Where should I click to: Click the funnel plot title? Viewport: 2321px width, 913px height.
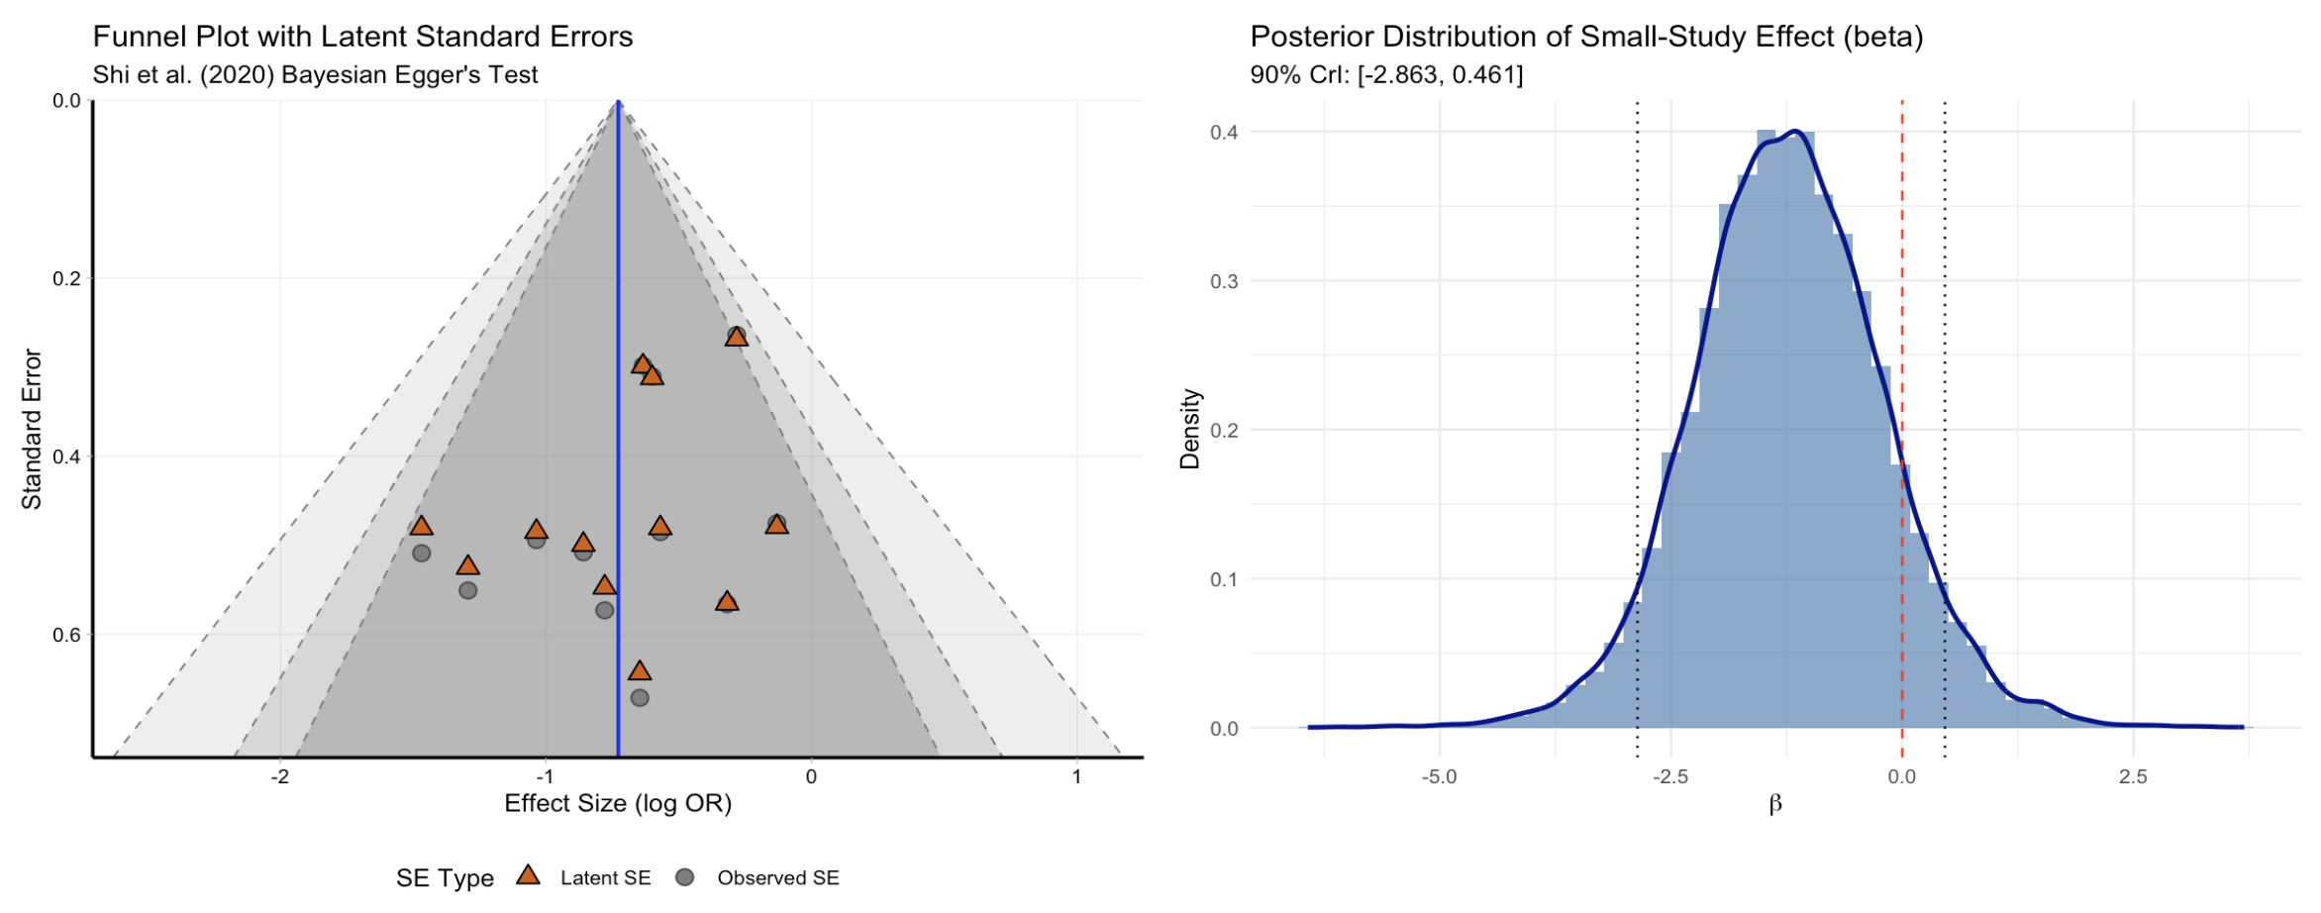[x=362, y=37]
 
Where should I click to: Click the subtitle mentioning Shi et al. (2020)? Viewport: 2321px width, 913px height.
[x=315, y=75]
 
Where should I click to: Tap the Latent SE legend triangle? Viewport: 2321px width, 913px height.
[x=529, y=876]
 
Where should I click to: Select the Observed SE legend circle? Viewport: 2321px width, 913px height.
[x=684, y=877]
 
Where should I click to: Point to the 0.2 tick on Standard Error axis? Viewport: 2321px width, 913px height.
[x=67, y=278]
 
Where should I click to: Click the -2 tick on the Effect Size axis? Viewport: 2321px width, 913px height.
[x=280, y=777]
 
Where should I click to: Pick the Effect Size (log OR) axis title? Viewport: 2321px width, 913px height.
[x=618, y=803]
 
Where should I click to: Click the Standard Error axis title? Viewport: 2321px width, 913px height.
[x=32, y=430]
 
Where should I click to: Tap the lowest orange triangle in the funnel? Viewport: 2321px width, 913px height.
[x=640, y=671]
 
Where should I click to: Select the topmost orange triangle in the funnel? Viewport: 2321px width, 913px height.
[x=736, y=337]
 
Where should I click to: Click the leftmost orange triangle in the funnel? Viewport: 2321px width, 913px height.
[x=422, y=526]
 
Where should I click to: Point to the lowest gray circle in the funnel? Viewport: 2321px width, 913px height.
[x=640, y=698]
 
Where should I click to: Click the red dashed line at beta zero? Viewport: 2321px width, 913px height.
[x=1901, y=297]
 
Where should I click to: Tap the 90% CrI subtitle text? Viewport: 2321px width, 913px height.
[x=1386, y=75]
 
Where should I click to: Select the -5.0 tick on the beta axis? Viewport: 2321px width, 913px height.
[x=1439, y=777]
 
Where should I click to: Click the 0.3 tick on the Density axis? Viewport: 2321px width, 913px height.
[x=1224, y=281]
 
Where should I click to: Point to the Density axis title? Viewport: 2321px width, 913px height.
[x=1189, y=430]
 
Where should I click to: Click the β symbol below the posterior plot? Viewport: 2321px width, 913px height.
[x=1774, y=804]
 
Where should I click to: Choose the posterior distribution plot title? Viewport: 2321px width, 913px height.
[x=1586, y=37]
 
